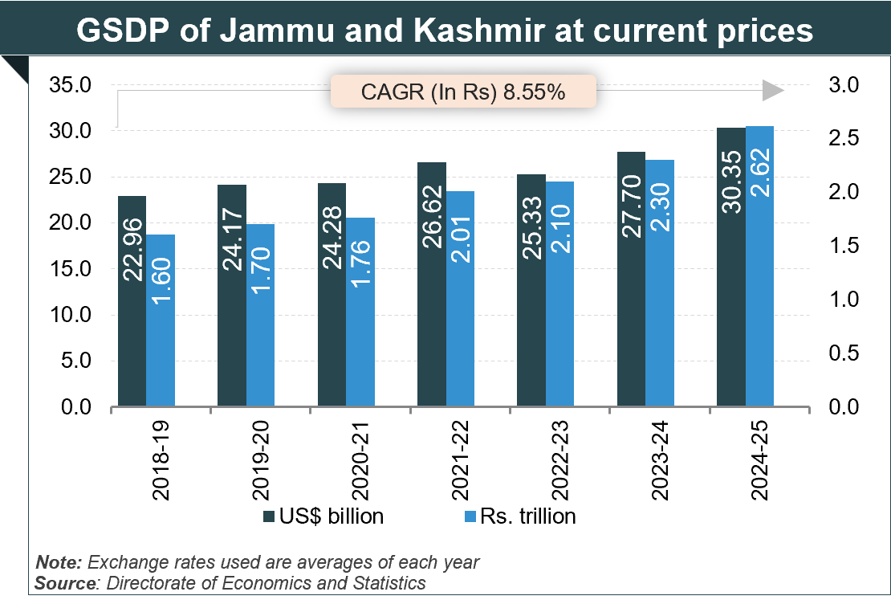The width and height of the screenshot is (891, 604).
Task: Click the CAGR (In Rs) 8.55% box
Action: coord(464,92)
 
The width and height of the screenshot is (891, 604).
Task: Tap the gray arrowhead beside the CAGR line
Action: coord(772,91)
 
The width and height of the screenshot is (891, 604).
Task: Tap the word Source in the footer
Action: coord(63,582)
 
